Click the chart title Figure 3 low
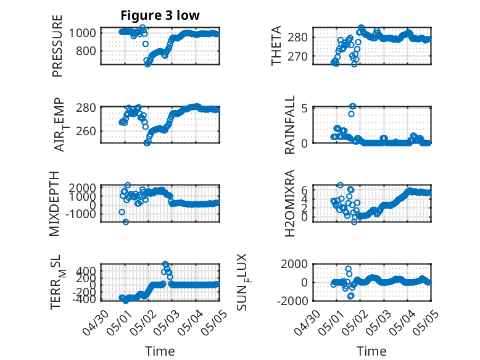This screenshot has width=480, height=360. (160, 15)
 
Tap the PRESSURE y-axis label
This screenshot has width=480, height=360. (57, 46)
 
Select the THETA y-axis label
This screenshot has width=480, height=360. (276, 46)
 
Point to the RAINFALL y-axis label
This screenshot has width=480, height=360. (289, 125)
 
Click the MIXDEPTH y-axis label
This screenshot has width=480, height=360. (54, 203)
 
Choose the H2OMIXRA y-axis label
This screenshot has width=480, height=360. (289, 203)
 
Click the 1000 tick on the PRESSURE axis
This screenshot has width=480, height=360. (82, 33)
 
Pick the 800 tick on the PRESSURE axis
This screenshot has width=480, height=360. (86, 51)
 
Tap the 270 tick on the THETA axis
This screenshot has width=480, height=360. (297, 56)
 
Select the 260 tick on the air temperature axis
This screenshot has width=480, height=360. (86, 131)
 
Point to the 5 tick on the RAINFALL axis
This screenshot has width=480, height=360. (304, 108)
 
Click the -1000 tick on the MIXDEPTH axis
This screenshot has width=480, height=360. (80, 214)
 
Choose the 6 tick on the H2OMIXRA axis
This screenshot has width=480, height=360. (304, 190)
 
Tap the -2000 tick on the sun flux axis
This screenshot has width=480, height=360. (292, 301)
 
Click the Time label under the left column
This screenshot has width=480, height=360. (160, 351)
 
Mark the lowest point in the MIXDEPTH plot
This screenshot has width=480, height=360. (125, 222)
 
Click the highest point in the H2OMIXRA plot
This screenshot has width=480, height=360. (341, 185)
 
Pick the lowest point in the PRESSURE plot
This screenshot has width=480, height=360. (147, 64)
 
